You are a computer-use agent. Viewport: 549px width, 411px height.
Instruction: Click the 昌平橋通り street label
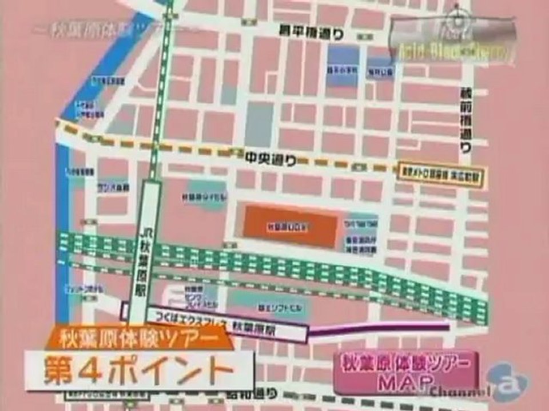(311, 33)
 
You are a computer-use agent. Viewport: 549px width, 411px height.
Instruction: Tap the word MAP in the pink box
(406, 381)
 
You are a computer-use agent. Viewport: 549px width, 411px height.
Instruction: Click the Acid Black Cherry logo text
(452, 54)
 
